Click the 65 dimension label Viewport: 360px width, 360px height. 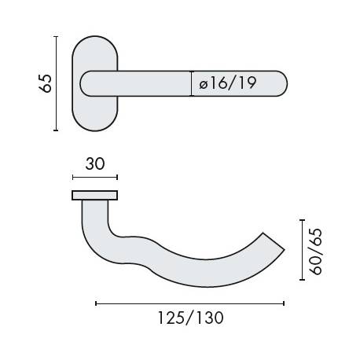tap(45, 83)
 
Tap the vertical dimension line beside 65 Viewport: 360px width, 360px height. tap(57, 83)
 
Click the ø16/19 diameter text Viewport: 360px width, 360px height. tap(229, 83)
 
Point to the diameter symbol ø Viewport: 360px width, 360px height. tap(203, 84)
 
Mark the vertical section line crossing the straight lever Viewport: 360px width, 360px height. tap(191, 83)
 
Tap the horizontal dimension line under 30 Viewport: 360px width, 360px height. tap(94, 177)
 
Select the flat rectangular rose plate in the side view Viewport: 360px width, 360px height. tap(94, 194)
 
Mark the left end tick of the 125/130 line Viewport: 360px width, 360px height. tap(96, 302)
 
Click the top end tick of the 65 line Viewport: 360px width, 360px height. tap(57, 35)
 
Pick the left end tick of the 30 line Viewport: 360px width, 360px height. tap(72, 177)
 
